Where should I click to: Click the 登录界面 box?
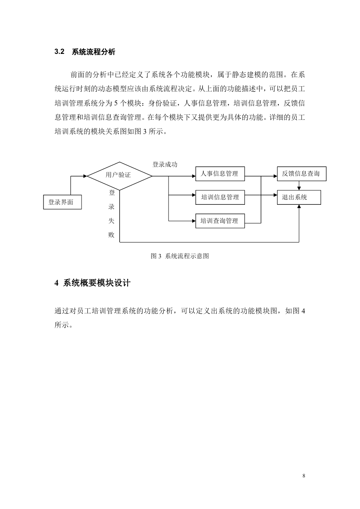[x=63, y=202]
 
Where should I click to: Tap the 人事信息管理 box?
[x=220, y=174]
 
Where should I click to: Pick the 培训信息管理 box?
[x=220, y=197]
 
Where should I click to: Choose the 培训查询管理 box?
[x=220, y=221]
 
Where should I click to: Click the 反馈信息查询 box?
[x=302, y=174]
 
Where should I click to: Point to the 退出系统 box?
[x=299, y=197]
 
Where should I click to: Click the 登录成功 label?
[x=164, y=165]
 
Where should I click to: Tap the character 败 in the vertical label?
[x=111, y=235]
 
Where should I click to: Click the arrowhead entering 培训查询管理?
[x=194, y=221]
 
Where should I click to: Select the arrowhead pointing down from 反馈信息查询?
[x=299, y=189]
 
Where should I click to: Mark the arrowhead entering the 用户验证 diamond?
[x=85, y=176]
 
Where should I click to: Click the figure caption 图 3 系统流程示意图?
[x=180, y=256]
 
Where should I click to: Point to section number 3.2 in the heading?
[x=60, y=52]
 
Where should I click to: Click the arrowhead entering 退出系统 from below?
[x=299, y=206]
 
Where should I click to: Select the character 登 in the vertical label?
[x=112, y=193]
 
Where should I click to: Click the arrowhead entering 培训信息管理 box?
[x=194, y=195]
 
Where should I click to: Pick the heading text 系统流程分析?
[x=94, y=52]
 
